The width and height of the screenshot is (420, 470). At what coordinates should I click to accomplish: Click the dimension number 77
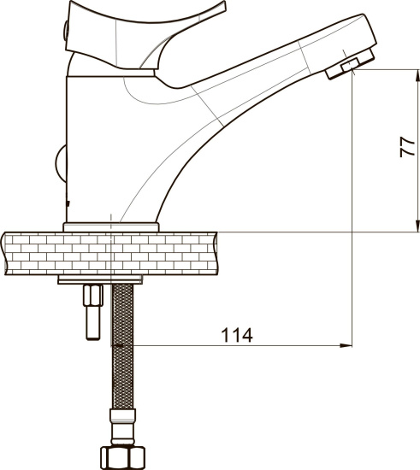point(408,147)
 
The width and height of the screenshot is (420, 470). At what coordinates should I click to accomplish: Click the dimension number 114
point(237,335)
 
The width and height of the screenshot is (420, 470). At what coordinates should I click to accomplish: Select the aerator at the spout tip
point(351,64)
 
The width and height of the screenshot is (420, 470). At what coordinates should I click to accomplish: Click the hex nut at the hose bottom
point(122,458)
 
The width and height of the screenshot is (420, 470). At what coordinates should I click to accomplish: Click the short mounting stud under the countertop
point(93,312)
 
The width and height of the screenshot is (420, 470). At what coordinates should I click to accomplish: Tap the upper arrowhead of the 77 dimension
point(417,75)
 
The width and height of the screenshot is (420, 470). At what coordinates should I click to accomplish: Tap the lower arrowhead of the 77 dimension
point(417,226)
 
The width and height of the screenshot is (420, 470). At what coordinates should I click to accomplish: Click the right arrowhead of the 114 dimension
point(346,345)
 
